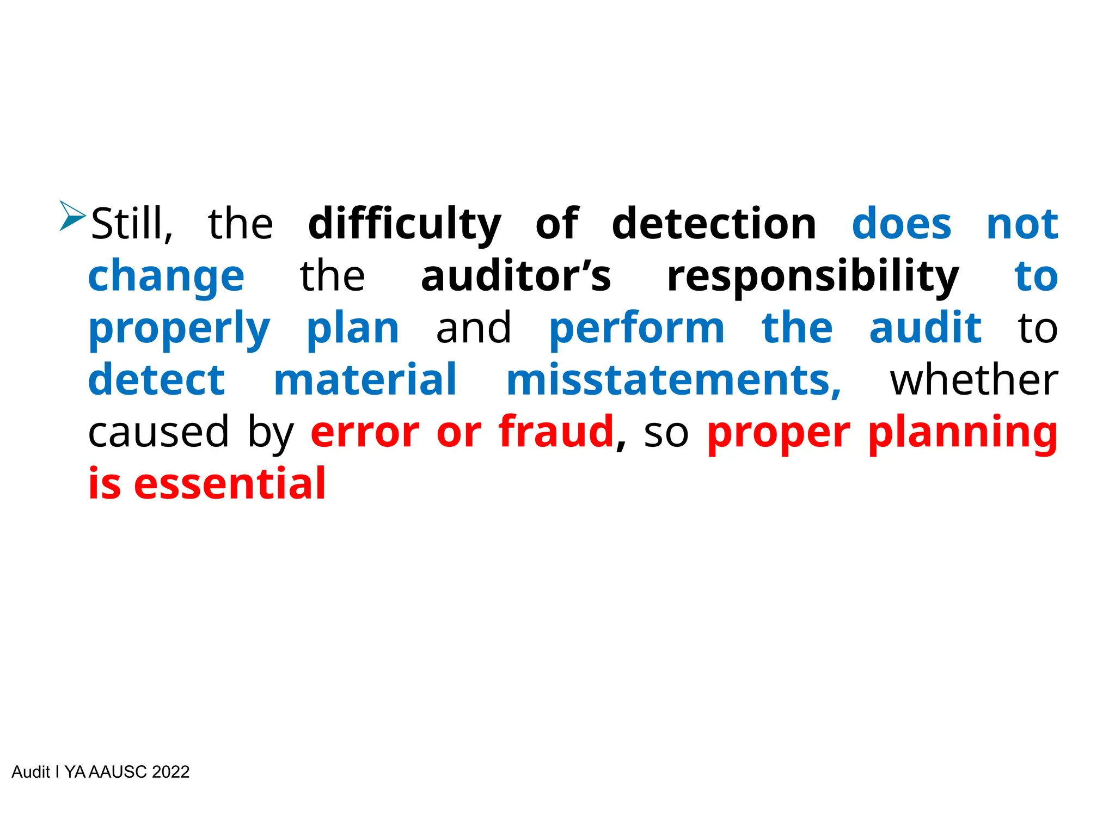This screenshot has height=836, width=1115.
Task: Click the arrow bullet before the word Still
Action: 72,216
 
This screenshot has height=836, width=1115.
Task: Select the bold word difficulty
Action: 404,224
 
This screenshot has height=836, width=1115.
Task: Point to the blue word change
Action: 166,276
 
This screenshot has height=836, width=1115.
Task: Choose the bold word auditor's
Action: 516,275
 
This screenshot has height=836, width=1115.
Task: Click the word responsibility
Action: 812,276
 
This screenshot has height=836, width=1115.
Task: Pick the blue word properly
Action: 179,329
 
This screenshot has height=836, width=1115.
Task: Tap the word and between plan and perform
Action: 473,328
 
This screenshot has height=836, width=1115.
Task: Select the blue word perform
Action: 636,329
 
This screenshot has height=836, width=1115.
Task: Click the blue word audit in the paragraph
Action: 925,328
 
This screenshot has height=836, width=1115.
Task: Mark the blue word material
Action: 365,380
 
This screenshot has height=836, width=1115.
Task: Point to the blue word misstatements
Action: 673,380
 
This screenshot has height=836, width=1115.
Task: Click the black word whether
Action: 973,380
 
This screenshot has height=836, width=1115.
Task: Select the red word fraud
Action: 556,431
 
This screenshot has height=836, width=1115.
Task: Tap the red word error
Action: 365,432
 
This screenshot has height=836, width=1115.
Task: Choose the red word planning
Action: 962,432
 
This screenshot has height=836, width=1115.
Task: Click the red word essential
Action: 229,483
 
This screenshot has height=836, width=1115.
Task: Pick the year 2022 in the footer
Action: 170,772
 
